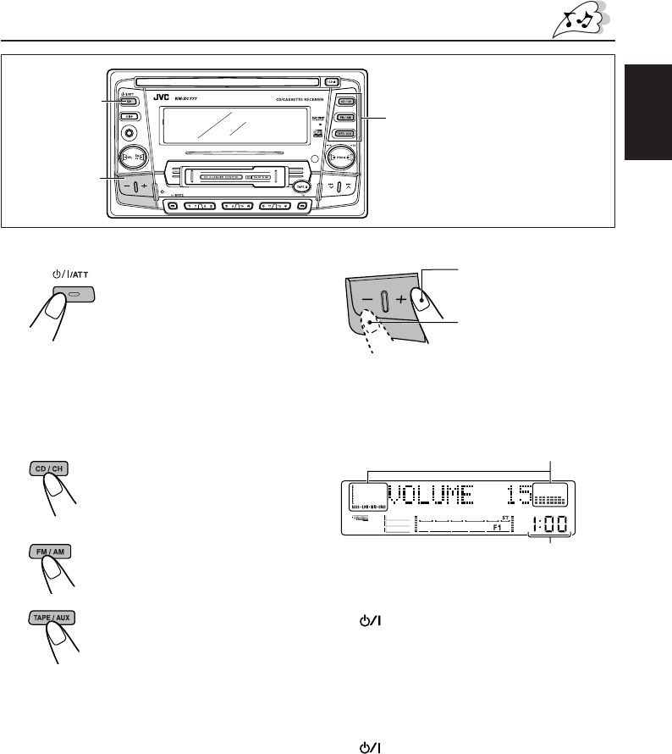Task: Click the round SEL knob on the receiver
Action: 135,158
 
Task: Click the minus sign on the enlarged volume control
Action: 366,300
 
